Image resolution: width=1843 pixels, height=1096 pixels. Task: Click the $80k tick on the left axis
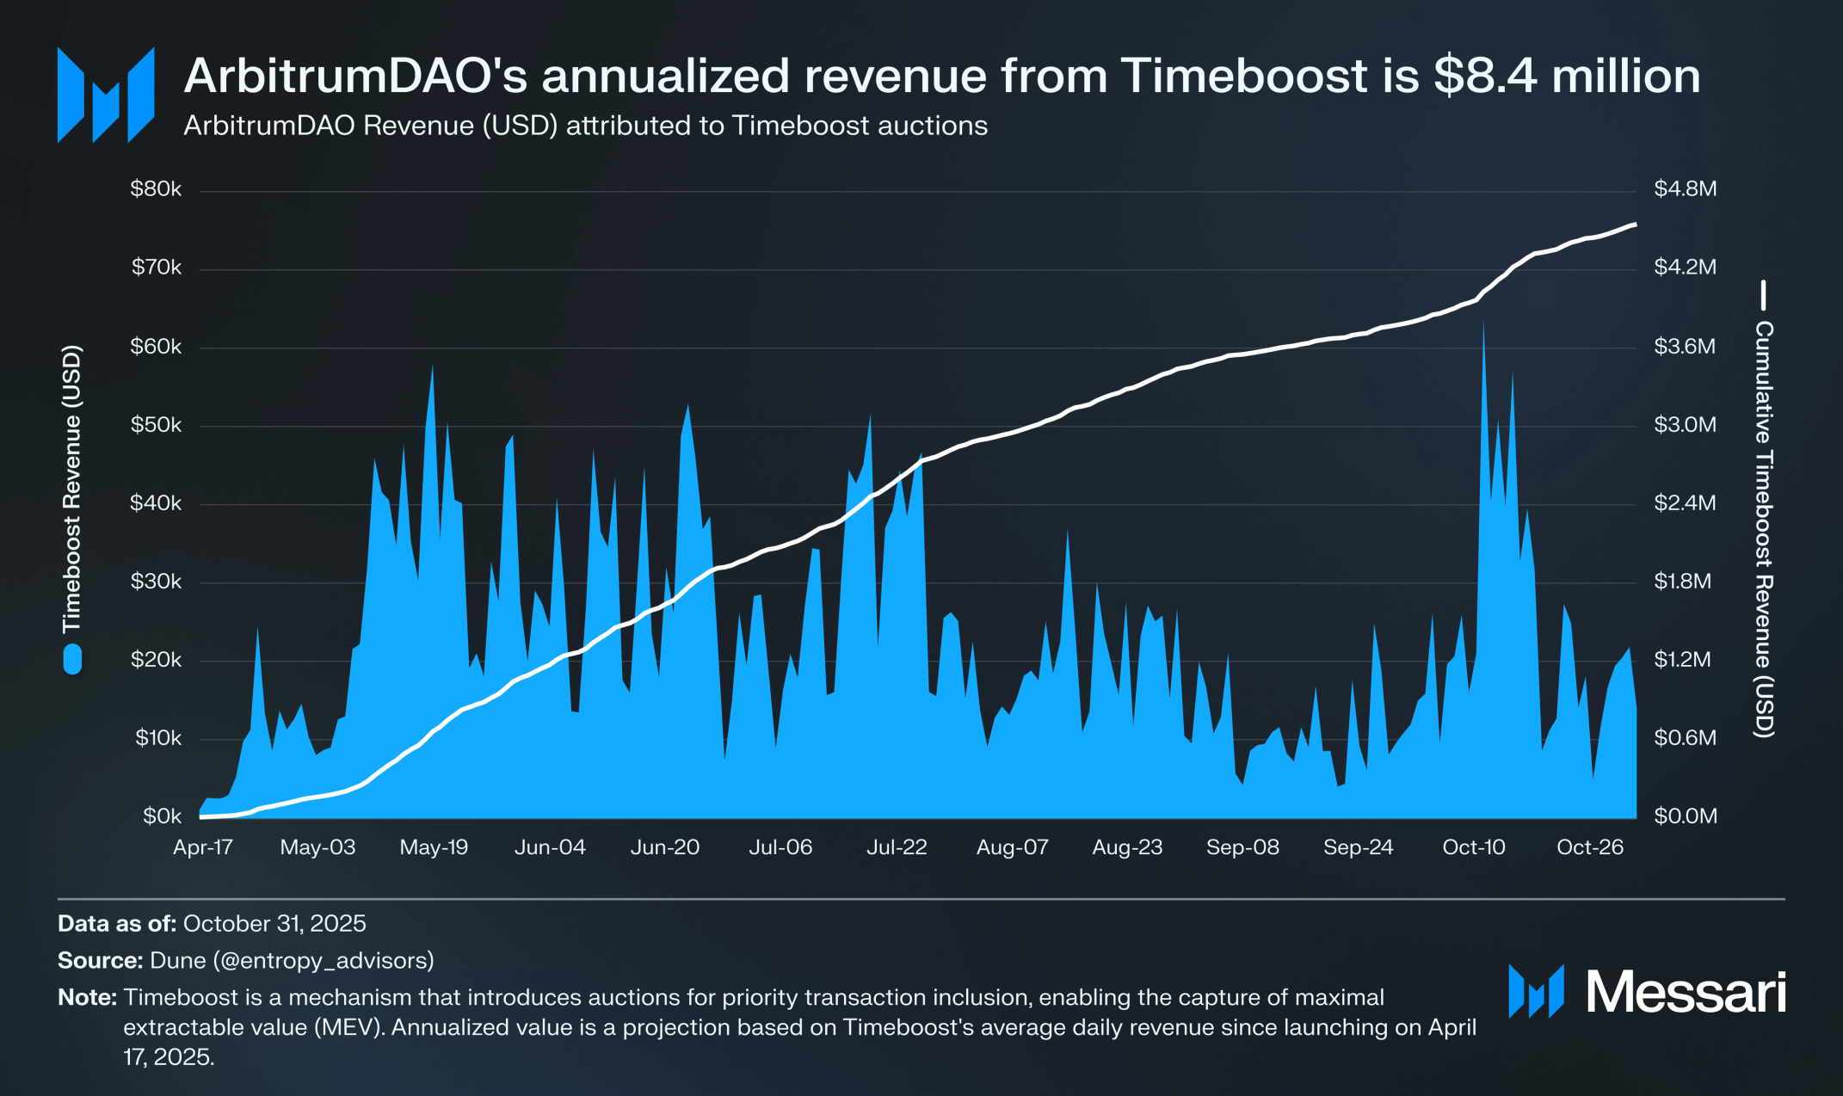(156, 189)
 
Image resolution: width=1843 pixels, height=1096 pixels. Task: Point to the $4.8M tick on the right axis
(1685, 189)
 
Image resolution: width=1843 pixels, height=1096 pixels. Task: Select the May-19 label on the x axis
(434, 847)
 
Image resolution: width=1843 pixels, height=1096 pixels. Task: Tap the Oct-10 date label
(1474, 847)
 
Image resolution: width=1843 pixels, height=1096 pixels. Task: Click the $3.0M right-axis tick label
(1685, 425)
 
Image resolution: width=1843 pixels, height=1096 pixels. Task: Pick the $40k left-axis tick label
(156, 503)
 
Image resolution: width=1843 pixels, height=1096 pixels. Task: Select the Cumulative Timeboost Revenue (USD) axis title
(1763, 529)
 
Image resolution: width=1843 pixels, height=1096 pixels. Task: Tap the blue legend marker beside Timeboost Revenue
(72, 660)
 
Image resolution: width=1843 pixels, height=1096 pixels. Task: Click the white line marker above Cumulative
(1763, 295)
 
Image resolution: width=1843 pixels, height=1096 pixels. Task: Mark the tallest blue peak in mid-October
(1483, 325)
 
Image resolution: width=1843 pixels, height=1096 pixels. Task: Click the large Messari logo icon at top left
(106, 95)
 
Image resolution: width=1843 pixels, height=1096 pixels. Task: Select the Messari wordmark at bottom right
(1686, 992)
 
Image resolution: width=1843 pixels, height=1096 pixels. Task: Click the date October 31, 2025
(274, 924)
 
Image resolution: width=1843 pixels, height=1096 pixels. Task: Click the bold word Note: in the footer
(87, 998)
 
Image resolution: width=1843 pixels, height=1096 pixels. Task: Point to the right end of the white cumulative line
(1634, 225)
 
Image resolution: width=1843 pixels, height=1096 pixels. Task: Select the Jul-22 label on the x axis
(897, 847)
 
